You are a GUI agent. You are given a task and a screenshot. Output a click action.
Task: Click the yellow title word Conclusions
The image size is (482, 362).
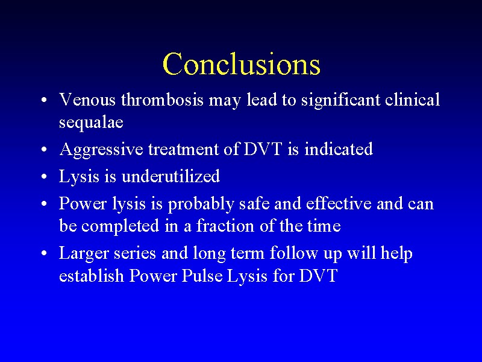click(x=242, y=64)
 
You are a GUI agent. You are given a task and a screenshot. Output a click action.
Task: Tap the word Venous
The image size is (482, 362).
click(x=87, y=100)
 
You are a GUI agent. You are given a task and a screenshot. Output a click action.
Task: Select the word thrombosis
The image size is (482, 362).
click(x=162, y=100)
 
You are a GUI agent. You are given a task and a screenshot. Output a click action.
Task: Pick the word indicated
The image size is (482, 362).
click(x=339, y=149)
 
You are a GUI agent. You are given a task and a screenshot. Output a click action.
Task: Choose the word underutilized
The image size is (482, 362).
click(x=171, y=176)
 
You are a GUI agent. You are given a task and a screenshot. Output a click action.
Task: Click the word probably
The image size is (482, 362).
click(x=201, y=205)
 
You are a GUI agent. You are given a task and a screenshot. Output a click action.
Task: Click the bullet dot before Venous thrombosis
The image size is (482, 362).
click(x=45, y=101)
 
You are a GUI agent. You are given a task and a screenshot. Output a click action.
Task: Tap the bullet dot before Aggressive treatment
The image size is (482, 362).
click(x=45, y=150)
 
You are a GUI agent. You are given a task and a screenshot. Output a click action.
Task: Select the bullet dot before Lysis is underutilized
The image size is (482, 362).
click(x=45, y=177)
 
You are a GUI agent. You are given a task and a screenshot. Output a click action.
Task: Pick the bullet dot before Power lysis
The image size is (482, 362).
click(x=45, y=204)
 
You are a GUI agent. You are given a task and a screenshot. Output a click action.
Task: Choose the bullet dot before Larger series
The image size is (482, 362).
click(x=45, y=253)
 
